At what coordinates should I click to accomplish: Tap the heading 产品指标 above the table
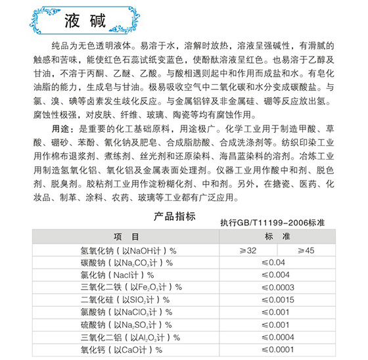pos(173,216)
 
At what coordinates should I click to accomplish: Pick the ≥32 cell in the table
pos(249,250)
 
